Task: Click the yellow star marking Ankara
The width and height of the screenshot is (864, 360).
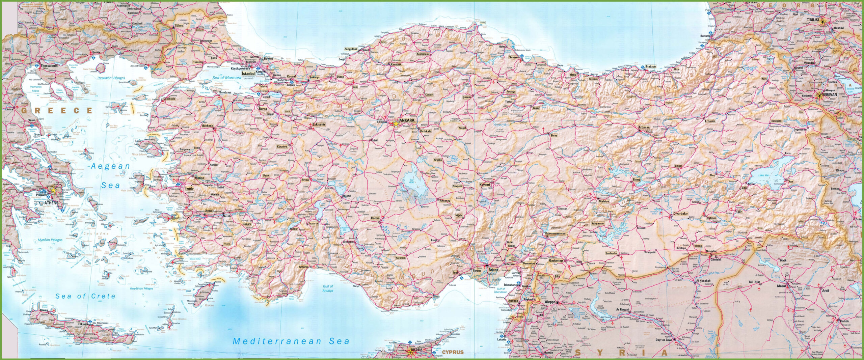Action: pos(396,124)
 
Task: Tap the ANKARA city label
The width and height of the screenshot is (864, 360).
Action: pos(406,120)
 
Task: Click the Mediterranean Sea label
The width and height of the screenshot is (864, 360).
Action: pos(291,341)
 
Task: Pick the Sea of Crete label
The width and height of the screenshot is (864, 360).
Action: pos(85,296)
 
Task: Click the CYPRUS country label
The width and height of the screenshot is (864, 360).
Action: pos(453,352)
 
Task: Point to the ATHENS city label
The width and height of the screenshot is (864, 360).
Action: pos(51,203)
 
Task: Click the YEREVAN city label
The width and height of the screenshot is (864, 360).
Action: pos(830,95)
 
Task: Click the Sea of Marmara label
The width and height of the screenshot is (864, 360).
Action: pos(227,78)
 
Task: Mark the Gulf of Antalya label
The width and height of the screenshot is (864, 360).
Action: pos(328,288)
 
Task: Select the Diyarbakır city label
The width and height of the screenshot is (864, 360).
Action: pos(680,214)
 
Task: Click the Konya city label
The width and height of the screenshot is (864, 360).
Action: pos(375,218)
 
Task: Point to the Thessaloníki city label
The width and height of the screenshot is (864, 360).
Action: pos(49,66)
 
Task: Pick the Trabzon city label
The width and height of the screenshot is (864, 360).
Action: pos(650,66)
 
